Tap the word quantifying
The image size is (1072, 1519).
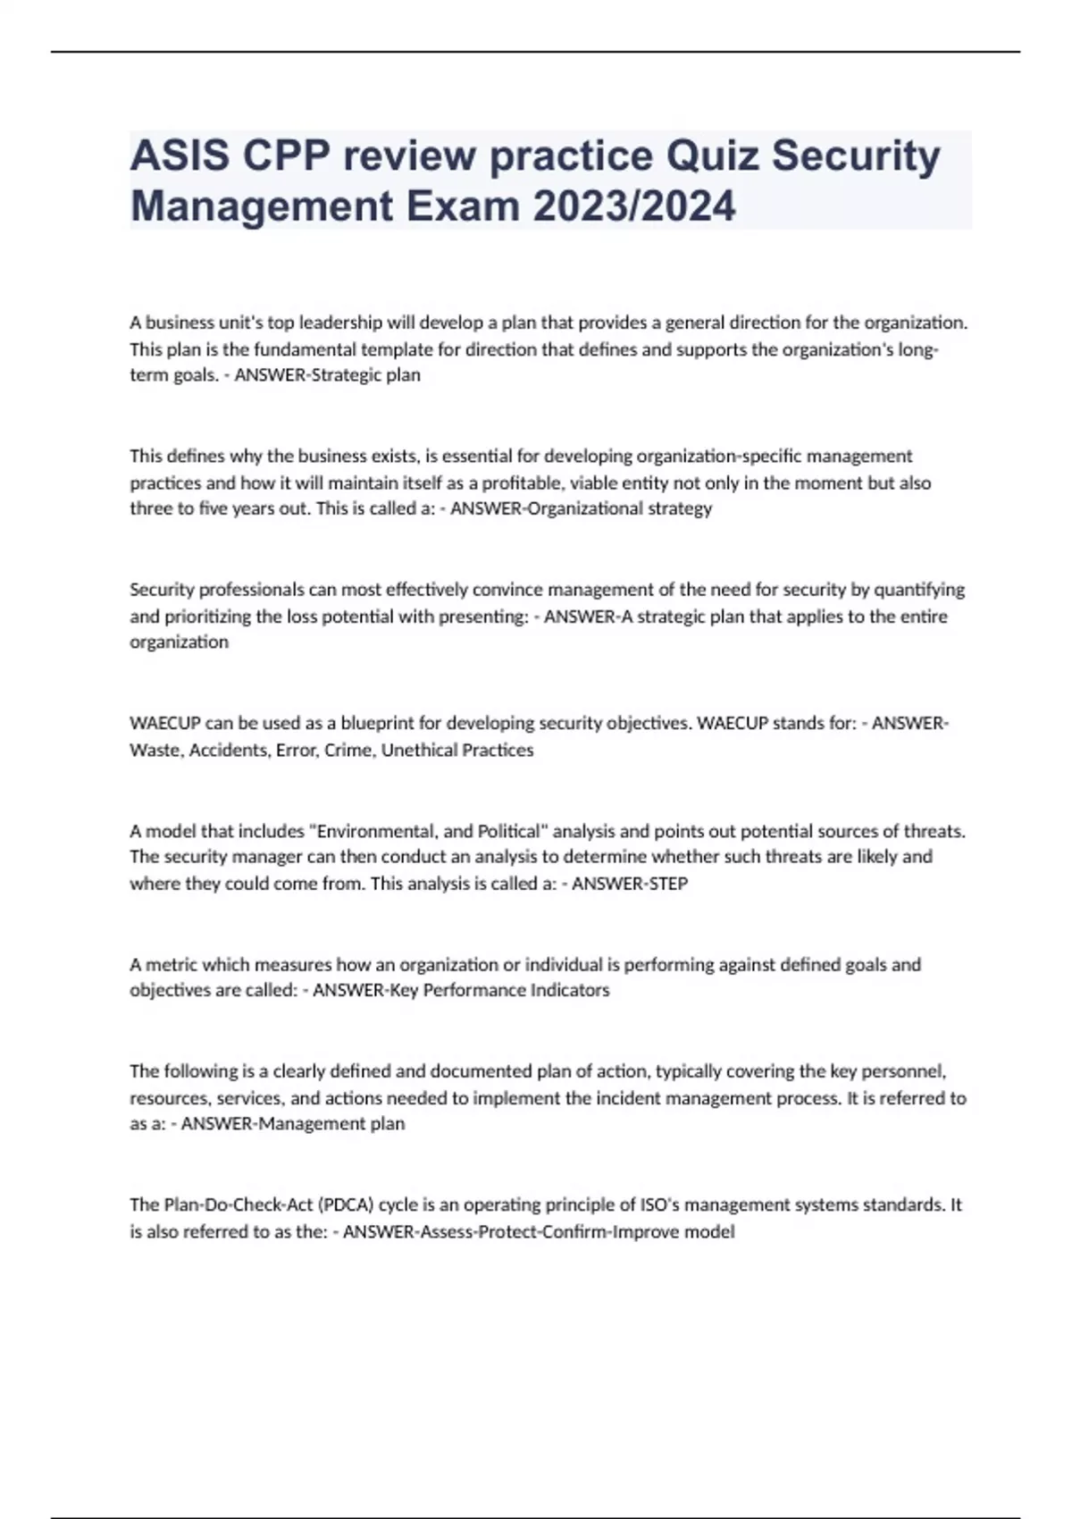pyautogui.click(x=919, y=590)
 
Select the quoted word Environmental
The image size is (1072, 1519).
pyautogui.click(x=373, y=832)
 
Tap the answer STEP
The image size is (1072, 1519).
pyautogui.click(x=665, y=885)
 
